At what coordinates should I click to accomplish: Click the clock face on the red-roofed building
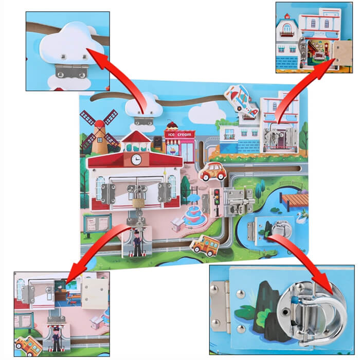(x=136, y=159)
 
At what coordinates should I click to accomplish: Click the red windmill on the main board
(x=99, y=132)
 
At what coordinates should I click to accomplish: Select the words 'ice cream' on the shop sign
(x=179, y=135)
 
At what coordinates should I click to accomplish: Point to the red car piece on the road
(x=212, y=172)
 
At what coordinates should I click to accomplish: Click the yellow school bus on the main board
(x=205, y=246)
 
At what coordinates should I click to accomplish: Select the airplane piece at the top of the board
(x=242, y=101)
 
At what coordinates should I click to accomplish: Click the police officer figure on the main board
(x=137, y=244)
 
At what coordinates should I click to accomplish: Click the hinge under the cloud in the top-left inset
(x=72, y=71)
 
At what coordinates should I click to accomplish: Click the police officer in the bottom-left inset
(x=56, y=339)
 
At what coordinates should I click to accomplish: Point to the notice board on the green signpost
(x=97, y=224)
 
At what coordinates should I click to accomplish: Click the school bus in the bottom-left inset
(x=28, y=346)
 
